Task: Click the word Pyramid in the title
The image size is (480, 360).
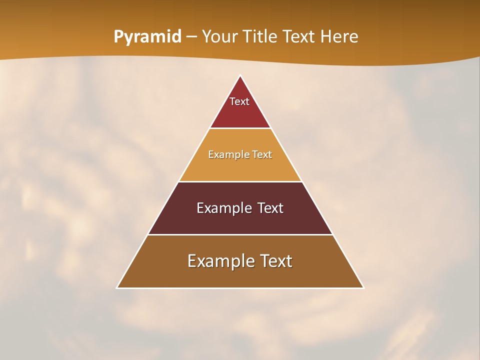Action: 147,37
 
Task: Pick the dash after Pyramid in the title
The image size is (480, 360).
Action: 191,37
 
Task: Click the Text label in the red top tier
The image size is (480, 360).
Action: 239,101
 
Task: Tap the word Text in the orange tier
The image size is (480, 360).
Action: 262,154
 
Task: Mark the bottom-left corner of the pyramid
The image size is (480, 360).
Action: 117,288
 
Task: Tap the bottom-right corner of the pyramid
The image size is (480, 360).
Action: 363,288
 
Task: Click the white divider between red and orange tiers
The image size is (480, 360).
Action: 240,128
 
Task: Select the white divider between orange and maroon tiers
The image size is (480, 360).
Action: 240,181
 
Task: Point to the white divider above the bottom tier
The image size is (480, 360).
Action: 240,234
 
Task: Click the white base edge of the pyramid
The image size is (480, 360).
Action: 240,288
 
